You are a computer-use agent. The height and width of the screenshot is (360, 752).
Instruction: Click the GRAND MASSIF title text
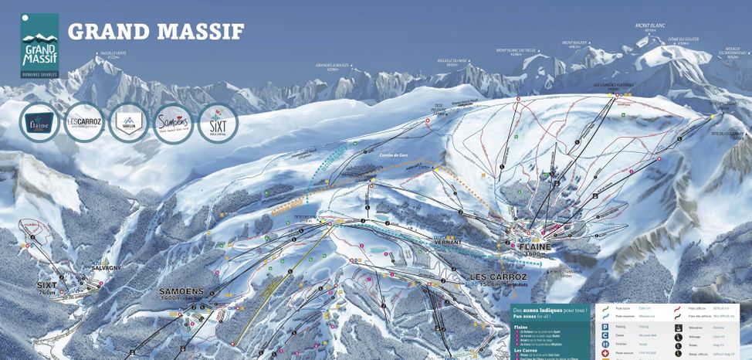point(156,32)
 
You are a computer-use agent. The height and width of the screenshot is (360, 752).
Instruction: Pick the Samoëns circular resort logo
point(173,123)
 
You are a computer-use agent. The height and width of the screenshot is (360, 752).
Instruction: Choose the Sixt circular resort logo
point(218,123)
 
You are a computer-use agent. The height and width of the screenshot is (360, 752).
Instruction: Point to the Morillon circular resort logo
point(128,123)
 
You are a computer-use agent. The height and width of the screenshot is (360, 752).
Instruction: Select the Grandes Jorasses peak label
point(333,66)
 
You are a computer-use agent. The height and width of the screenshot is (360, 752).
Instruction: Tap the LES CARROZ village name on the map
point(498,277)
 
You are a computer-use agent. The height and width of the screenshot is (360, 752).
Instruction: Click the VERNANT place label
point(447,242)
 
